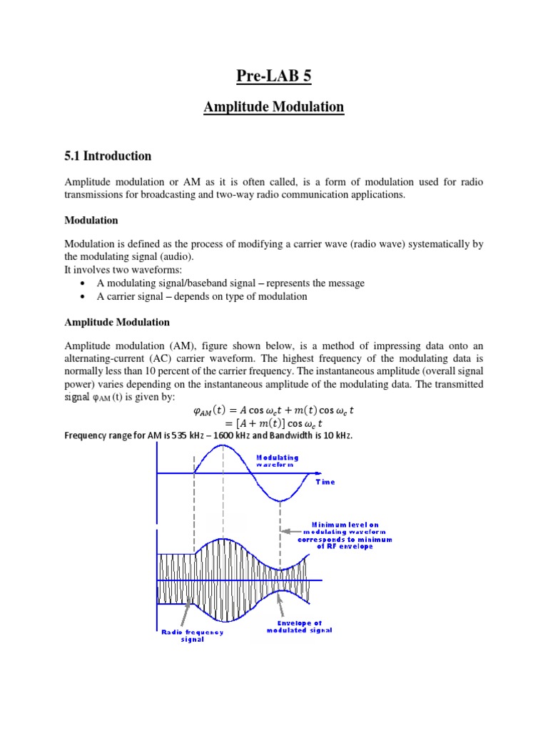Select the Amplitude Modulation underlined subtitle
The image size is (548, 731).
273,107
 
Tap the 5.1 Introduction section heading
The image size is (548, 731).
108,156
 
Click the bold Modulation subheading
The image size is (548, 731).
91,220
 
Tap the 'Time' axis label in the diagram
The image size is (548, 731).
325,482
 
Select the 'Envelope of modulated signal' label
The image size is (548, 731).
299,627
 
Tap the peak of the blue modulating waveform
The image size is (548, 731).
224,445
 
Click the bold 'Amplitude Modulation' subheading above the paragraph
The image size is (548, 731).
117,323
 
